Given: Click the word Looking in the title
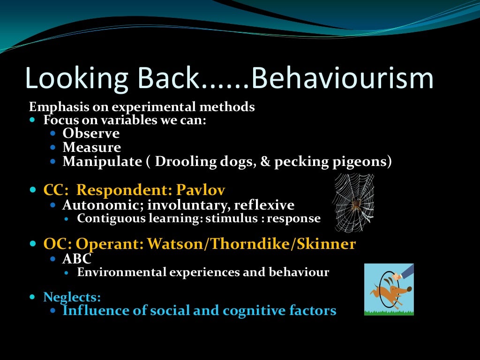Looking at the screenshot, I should click(76, 78).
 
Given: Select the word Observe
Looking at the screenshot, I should click(91, 134).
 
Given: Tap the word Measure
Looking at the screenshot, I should click(91, 148).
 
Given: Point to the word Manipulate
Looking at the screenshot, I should click(102, 162).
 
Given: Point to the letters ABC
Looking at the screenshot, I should click(77, 259).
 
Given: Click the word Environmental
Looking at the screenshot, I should click(113, 272).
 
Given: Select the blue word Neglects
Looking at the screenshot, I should click(72, 297).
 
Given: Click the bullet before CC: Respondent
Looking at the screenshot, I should click(32, 191).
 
